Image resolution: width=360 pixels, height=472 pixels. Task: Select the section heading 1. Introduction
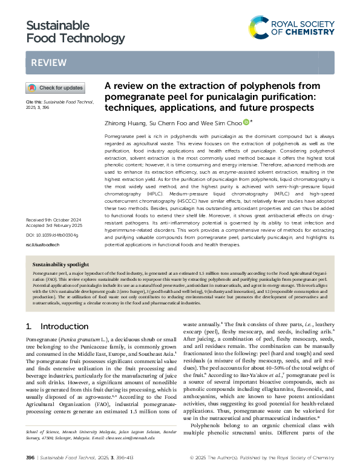(48, 326)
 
